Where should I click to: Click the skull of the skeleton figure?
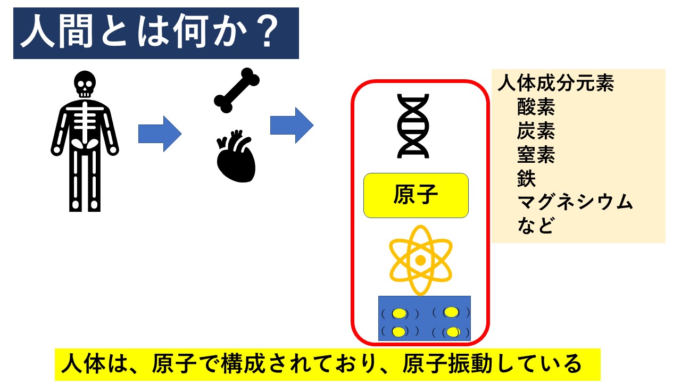(85, 84)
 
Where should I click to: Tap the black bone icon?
(237, 90)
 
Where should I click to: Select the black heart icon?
(236, 156)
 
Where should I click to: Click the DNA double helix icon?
(413, 126)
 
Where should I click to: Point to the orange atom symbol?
(420, 261)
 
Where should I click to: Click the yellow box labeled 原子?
(416, 195)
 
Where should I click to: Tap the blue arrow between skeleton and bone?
(160, 134)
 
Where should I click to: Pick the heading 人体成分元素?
(556, 83)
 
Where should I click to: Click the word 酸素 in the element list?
(536, 107)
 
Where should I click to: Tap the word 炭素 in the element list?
(536, 131)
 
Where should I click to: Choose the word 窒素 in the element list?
(536, 155)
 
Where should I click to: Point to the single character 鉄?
(526, 178)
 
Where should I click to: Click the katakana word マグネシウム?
(575, 202)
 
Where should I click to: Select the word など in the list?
(535, 226)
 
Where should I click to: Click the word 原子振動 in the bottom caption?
(447, 363)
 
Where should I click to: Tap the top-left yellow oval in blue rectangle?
(399, 314)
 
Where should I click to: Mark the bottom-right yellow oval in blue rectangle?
(453, 332)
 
